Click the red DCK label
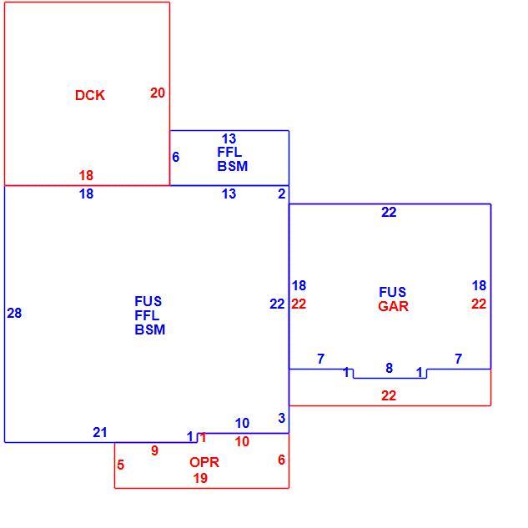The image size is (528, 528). click(x=90, y=95)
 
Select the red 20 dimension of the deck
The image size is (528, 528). click(x=158, y=93)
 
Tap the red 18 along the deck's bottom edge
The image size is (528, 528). click(x=86, y=175)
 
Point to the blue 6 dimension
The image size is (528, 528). click(x=176, y=157)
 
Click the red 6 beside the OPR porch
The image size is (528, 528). click(x=281, y=460)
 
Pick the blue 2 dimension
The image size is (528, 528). click(x=281, y=194)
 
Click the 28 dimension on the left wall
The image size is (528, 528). click(x=14, y=313)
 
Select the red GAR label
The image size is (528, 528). click(x=393, y=306)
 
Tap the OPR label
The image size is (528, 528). click(x=204, y=462)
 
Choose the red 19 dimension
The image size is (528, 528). click(x=200, y=478)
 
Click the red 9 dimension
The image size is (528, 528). click(x=154, y=450)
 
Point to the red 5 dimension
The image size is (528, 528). click(x=121, y=465)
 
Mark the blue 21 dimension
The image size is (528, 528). click(x=100, y=432)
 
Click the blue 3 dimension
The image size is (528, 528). click(x=282, y=418)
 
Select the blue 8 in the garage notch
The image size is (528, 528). click(x=390, y=368)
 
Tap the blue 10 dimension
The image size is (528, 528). click(x=242, y=423)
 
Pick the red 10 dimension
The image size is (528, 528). click(x=242, y=441)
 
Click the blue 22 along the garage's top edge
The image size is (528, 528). click(x=389, y=213)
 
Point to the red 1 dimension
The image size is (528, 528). click(x=203, y=438)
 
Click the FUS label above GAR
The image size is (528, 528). click(x=393, y=292)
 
